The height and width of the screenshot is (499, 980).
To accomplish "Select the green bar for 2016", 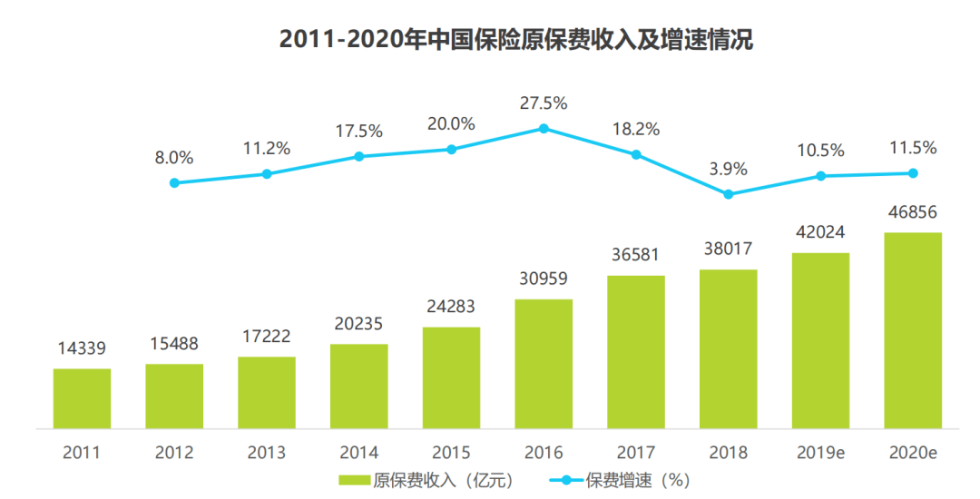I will click(x=544, y=363).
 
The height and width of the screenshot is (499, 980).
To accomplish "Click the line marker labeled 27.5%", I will click(x=544, y=128).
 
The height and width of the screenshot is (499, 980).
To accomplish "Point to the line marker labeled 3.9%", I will click(x=728, y=193).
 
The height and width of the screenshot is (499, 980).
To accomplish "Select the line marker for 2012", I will click(x=174, y=182).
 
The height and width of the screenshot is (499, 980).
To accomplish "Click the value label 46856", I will click(x=913, y=212).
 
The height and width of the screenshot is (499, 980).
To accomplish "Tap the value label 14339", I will click(x=82, y=348).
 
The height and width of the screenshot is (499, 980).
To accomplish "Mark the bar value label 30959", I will click(x=544, y=279).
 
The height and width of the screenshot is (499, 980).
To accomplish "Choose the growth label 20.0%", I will click(x=451, y=124).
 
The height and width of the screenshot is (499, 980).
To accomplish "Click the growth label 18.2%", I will click(x=636, y=130).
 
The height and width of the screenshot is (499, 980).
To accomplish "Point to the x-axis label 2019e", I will click(x=820, y=452).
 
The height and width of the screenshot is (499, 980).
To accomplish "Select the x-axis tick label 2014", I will click(x=359, y=452).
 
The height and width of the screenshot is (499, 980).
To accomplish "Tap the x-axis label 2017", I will click(x=636, y=452).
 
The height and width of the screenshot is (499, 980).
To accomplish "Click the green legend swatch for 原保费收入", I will click(x=354, y=479).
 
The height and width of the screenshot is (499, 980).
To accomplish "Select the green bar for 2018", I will click(x=728, y=348).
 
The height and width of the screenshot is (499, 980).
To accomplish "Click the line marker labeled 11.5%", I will click(x=913, y=172).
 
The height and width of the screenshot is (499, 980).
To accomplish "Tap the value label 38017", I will click(x=728, y=249).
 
